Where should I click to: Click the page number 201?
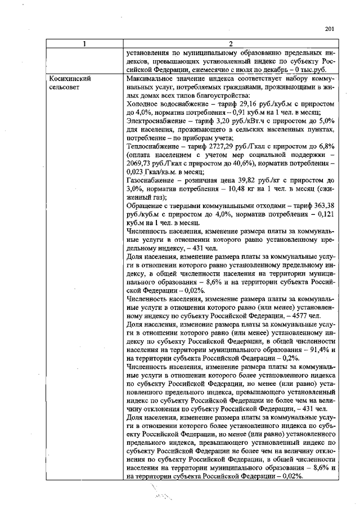[x=330, y=30]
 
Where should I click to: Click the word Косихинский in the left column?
[x=70, y=80]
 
